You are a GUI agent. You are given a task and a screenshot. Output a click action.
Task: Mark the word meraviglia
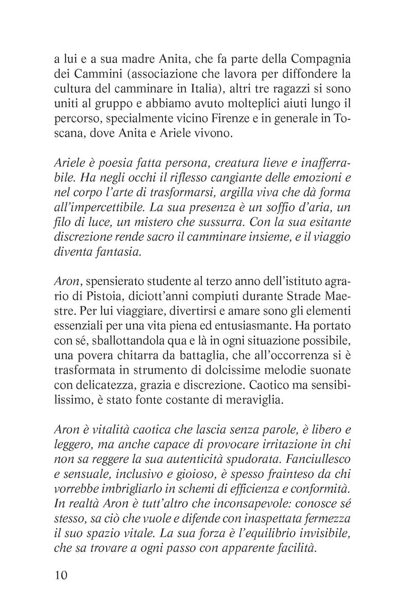coord(253,400)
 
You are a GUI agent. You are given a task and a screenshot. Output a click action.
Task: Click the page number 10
coord(61,575)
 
